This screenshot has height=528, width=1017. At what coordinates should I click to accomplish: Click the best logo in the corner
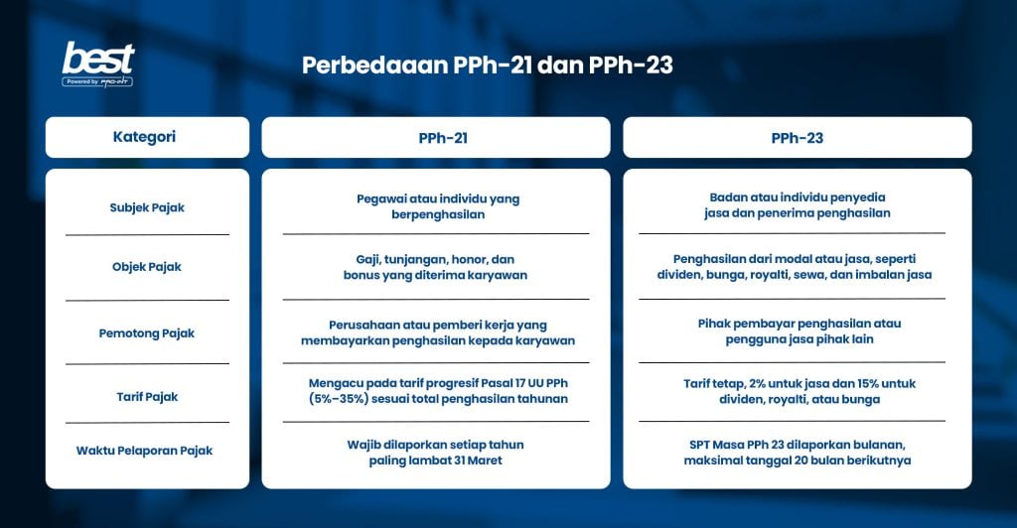click(x=97, y=65)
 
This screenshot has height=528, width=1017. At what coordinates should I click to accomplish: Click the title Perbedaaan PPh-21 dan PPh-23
click(x=488, y=66)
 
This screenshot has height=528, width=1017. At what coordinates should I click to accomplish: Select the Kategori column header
click(x=147, y=137)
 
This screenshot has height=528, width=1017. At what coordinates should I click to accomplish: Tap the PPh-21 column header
click(x=435, y=138)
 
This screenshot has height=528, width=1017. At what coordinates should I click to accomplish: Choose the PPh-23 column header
click(x=797, y=138)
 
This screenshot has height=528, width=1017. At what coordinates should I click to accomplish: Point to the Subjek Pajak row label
click(x=147, y=207)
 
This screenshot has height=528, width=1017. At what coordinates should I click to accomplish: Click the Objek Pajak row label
click(x=147, y=267)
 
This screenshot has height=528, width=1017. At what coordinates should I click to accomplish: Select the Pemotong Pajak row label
click(x=147, y=333)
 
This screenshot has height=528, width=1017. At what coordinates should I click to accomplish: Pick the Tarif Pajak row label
click(x=147, y=397)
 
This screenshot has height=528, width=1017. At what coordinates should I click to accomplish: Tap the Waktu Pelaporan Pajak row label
click(x=145, y=451)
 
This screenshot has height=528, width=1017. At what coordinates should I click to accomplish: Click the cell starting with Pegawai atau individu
click(x=437, y=206)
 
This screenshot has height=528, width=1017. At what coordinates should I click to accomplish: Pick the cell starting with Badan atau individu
click(x=798, y=205)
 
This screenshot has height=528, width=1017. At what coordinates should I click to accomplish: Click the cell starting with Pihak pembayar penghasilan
click(x=798, y=331)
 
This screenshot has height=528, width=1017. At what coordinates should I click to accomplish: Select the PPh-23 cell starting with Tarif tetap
click(x=798, y=391)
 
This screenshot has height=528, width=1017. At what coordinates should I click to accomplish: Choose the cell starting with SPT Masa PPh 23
click(x=798, y=452)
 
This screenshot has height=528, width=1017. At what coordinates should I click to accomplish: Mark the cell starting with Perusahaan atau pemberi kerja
click(x=437, y=332)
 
